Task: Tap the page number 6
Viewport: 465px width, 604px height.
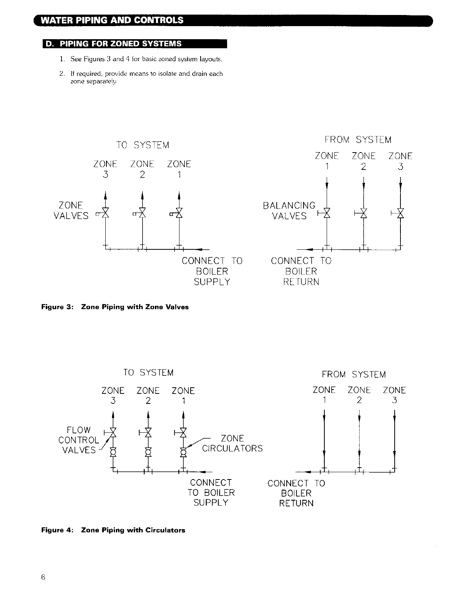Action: tap(43, 577)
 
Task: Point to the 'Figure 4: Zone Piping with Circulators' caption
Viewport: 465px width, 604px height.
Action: tap(113, 530)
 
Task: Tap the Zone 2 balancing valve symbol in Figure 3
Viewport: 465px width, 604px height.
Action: tap(363, 212)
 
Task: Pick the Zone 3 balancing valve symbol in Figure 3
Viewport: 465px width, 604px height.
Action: tap(400, 212)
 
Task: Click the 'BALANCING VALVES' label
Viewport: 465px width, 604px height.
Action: tap(289, 211)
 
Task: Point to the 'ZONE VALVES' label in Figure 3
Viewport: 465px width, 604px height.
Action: tap(71, 211)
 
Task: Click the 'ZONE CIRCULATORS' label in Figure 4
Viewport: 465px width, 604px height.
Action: tap(232, 443)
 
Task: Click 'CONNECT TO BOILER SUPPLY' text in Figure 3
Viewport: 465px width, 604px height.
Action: tap(212, 271)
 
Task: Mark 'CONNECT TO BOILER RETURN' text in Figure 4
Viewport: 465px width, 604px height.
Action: tap(296, 493)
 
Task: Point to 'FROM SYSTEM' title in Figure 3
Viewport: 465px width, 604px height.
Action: tap(358, 140)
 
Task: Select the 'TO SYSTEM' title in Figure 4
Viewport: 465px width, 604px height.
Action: tap(148, 373)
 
